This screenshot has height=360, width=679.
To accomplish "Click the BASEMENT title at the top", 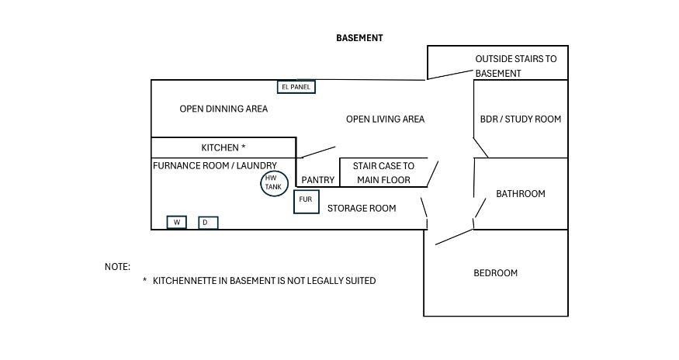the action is [x=359, y=38].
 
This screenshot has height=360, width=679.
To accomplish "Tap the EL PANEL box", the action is [x=296, y=87].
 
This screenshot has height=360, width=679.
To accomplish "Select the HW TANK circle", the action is [x=274, y=183].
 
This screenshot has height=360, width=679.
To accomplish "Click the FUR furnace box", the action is [x=307, y=202].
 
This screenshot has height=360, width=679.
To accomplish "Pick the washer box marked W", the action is [x=177, y=222].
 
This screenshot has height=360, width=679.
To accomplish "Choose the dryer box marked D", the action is [x=208, y=223].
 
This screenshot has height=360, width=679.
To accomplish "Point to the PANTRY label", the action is [x=318, y=180].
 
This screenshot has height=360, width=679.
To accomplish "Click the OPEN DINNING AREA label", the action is [x=223, y=109].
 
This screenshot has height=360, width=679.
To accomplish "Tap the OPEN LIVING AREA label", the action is [x=385, y=119].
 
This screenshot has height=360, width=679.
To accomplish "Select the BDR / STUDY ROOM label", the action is [x=521, y=119].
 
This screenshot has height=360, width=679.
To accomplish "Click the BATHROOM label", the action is [x=521, y=194].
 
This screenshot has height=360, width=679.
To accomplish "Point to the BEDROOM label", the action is [x=495, y=273].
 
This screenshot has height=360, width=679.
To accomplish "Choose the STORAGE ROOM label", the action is [x=362, y=209].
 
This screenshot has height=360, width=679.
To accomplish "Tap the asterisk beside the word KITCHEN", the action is [x=244, y=147].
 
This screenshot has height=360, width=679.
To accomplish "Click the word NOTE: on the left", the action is [x=117, y=267].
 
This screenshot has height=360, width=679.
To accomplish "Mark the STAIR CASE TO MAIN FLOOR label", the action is [x=383, y=173].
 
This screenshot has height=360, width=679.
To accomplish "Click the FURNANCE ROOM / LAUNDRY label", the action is [x=215, y=165].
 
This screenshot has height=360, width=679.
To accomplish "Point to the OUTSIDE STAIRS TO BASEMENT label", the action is [x=516, y=66].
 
